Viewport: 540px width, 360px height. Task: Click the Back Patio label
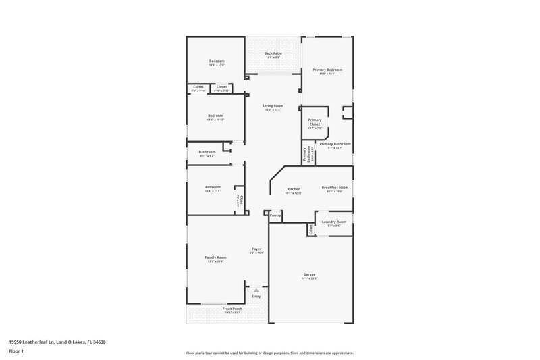[x=273, y=53]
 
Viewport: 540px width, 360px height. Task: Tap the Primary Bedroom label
[x=327, y=70]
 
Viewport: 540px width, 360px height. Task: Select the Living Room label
[x=273, y=106]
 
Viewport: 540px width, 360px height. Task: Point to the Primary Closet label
[x=315, y=122]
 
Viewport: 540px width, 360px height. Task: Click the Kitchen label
[x=293, y=189]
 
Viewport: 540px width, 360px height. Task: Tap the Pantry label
[x=275, y=215]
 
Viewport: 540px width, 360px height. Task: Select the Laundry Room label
[x=333, y=222]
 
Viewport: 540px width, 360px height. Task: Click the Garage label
[x=309, y=274]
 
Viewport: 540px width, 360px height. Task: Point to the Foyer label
[x=256, y=249]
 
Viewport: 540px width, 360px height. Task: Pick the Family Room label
[x=215, y=257]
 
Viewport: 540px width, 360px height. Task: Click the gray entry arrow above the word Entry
[x=256, y=290]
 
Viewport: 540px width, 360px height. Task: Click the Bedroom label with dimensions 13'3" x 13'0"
[x=215, y=61]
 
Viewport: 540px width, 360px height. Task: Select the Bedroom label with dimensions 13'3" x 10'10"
[x=215, y=115]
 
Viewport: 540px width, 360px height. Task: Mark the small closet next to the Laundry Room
[x=310, y=230]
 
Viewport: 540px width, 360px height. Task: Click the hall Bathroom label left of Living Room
[x=207, y=152]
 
